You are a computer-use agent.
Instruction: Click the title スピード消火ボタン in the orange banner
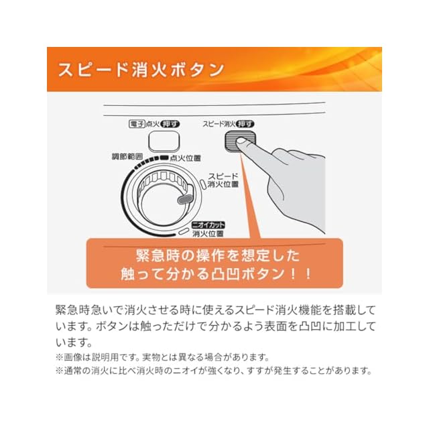point(139,69)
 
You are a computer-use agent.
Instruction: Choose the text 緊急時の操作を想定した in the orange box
point(214,255)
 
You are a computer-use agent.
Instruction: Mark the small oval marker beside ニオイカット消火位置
point(183,231)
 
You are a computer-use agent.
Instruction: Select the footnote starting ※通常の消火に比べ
point(213,371)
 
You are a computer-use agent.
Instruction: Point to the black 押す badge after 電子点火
point(170,124)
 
